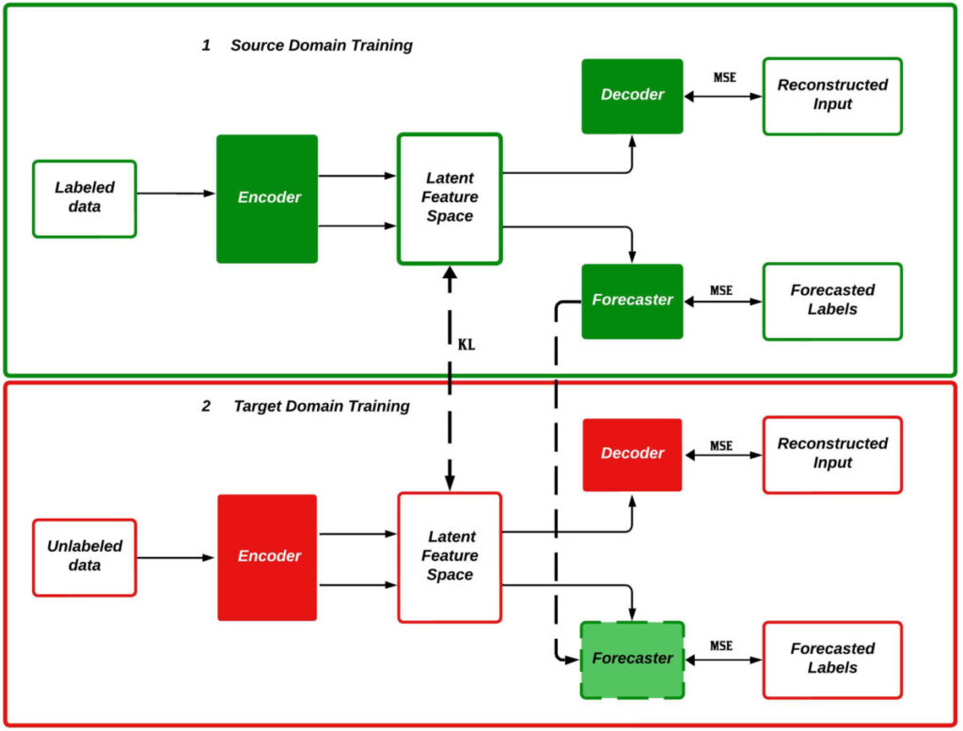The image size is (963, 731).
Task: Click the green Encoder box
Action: pos(267,198)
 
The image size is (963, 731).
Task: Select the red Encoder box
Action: pos(267,557)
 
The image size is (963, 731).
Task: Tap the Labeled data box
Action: pos(85,198)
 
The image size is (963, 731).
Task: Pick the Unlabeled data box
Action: pos(85,557)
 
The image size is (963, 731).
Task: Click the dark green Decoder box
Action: pos(632,95)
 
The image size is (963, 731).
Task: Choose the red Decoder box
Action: pos(632,454)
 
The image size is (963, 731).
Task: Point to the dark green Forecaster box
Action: pos(632,301)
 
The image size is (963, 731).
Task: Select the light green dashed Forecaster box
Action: pos(632,659)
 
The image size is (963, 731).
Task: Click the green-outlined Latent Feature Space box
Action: pos(450,197)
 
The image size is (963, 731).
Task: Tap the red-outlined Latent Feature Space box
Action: pos(450,556)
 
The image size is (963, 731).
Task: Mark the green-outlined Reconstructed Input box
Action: pos(832,95)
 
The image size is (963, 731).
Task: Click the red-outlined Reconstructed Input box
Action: pos(832,454)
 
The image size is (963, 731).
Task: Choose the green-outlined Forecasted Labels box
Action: pos(832,301)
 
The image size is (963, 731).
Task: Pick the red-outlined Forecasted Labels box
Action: pos(832,659)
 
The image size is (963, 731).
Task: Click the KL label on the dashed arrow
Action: pos(466,345)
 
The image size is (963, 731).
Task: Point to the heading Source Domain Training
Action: pos(321,45)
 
